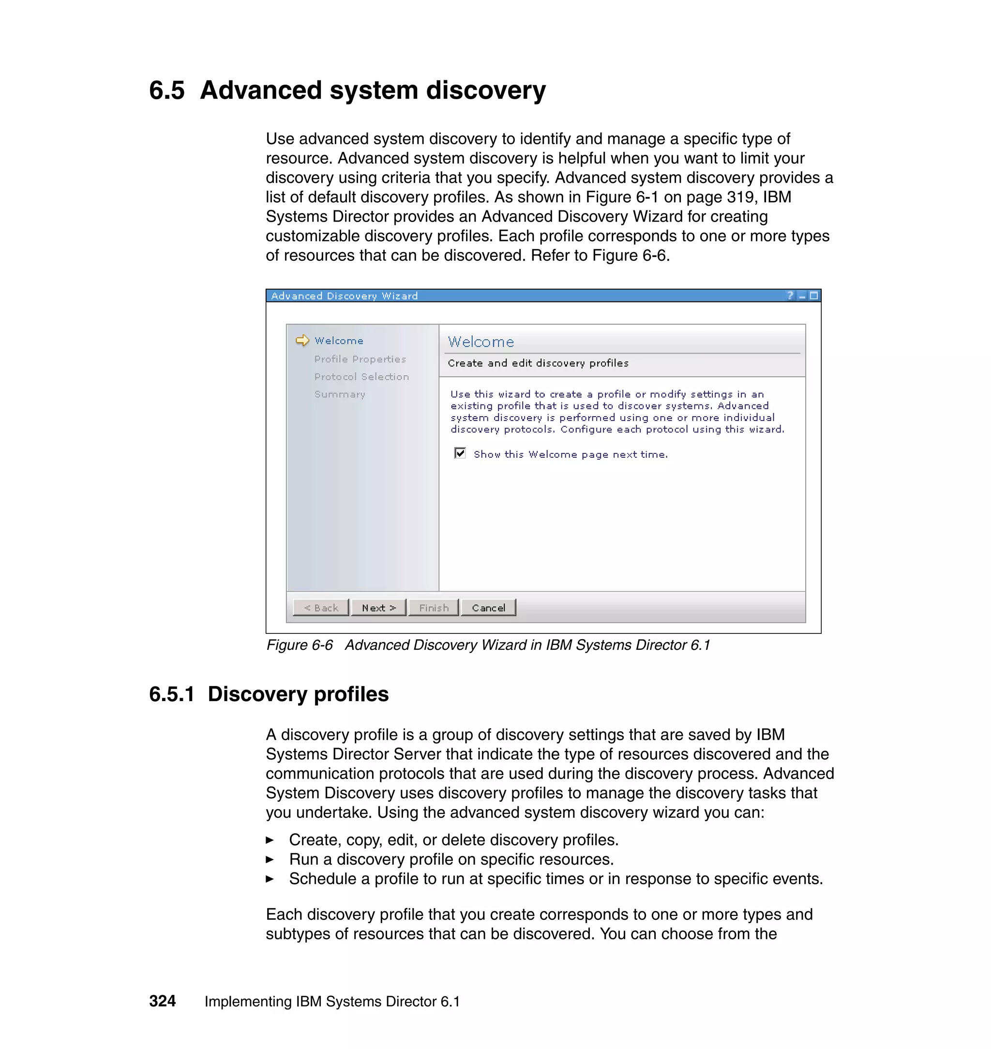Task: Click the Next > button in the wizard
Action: [378, 607]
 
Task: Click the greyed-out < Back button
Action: [321, 607]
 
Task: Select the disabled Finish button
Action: [434, 607]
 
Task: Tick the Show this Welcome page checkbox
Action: [460, 453]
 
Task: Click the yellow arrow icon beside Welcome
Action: [302, 340]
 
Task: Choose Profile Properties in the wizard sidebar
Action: [360, 359]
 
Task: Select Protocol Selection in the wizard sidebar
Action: [361, 376]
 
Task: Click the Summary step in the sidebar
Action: [340, 394]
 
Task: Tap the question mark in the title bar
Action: [790, 296]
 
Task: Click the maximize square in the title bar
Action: [813, 296]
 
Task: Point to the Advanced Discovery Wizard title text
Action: [345, 296]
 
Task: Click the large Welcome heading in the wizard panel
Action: [480, 342]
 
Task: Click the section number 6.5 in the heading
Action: [167, 90]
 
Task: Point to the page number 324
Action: [162, 1001]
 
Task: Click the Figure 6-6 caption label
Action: [300, 645]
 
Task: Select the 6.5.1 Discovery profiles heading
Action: [269, 694]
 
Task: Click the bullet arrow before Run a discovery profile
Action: [270, 859]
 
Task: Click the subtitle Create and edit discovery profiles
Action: [538, 363]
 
